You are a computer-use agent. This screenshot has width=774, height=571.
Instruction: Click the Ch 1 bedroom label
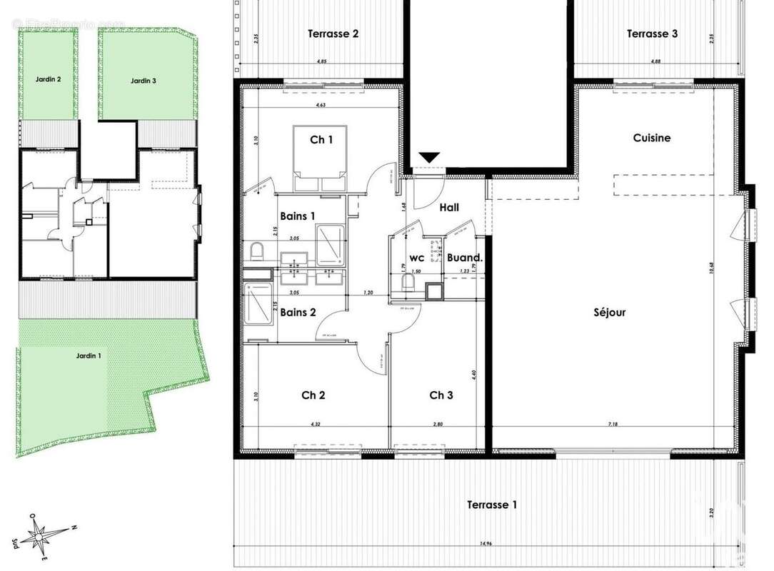point(321,140)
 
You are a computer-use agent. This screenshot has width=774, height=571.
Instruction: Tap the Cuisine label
point(651,138)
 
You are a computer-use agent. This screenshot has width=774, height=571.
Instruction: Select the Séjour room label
point(610,312)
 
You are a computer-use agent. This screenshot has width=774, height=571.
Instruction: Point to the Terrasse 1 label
point(492,505)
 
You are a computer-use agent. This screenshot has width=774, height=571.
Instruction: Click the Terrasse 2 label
point(333,34)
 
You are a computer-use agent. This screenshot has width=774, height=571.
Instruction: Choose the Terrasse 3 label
point(652,34)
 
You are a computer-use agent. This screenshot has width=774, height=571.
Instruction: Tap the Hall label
point(449,208)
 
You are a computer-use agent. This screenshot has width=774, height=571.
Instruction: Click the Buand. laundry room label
point(465,258)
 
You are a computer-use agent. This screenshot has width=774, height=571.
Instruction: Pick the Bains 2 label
point(298,312)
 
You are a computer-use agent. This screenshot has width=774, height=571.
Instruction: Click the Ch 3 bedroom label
point(441,395)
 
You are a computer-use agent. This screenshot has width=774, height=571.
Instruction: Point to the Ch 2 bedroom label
point(313,395)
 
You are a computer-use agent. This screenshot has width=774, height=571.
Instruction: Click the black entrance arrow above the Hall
point(429,158)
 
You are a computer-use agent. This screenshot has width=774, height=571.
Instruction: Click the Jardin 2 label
point(48,80)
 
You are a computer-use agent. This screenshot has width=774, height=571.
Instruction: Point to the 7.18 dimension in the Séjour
point(613,425)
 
